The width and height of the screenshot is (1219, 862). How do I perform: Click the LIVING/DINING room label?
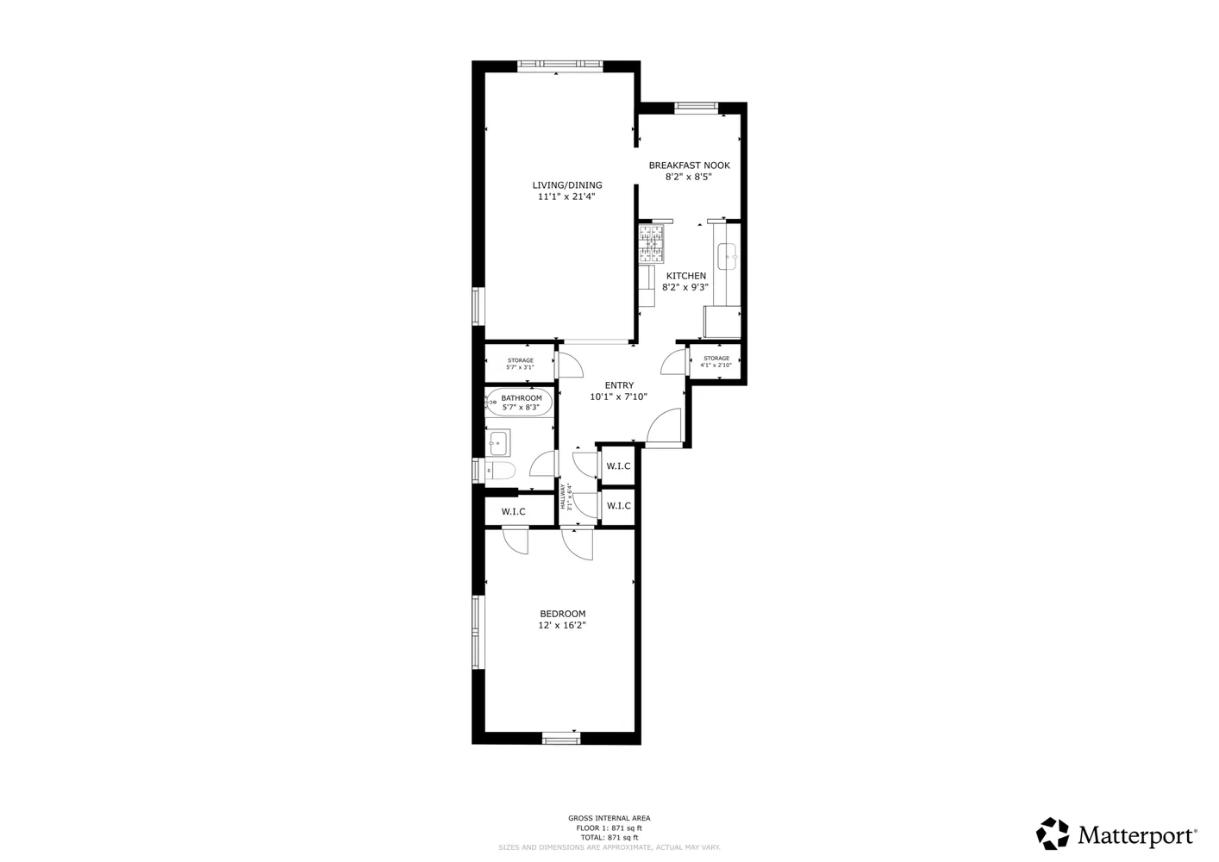[566, 184]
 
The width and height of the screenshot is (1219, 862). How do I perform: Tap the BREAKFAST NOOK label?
[689, 165]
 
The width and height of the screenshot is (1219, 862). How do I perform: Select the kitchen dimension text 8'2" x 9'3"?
[685, 288]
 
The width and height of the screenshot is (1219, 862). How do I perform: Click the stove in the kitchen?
[652, 243]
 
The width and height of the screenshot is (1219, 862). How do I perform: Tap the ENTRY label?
[619, 385]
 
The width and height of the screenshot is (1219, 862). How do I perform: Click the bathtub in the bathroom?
[518, 403]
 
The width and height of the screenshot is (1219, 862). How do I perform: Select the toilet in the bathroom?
[499, 471]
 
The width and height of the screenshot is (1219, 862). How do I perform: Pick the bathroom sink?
[497, 443]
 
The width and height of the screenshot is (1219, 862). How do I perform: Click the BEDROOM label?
[563, 614]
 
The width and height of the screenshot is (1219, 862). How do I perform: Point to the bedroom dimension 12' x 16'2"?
[563, 626]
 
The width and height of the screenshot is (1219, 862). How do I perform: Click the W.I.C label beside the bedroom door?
[513, 512]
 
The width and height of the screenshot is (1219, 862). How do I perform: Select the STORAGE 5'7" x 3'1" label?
[520, 364]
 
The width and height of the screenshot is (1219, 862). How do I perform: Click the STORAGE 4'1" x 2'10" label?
[716, 361]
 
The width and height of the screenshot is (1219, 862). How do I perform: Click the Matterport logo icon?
[1053, 834]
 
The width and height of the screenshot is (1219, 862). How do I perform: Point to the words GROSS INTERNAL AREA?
[609, 818]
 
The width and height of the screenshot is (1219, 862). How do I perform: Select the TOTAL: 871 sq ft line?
[609, 838]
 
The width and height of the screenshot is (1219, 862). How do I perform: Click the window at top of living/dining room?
[559, 65]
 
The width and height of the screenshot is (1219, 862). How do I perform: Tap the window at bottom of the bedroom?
[561, 738]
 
